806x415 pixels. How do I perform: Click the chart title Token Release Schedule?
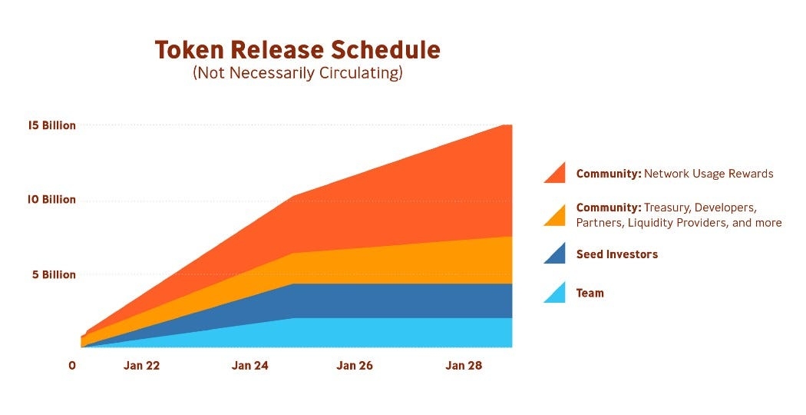tap(297, 50)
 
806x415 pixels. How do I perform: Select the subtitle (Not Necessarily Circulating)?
tap(297, 74)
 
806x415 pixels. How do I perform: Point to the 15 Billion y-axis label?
tap(52, 124)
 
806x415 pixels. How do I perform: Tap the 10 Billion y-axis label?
tap(52, 199)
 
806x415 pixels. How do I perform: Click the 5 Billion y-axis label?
tap(55, 274)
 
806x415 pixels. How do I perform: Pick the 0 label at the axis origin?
tap(72, 366)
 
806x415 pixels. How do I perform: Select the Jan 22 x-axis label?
tap(142, 366)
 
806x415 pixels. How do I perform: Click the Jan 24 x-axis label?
tap(249, 366)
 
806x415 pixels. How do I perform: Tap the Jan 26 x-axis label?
tap(355, 366)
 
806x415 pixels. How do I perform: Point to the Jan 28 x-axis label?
tap(464, 366)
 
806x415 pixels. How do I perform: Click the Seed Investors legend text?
tap(617, 254)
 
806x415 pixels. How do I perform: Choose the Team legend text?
tap(590, 293)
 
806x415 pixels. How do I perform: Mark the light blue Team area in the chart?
tap(384, 332)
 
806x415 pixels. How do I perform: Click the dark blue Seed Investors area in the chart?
tap(384, 300)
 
